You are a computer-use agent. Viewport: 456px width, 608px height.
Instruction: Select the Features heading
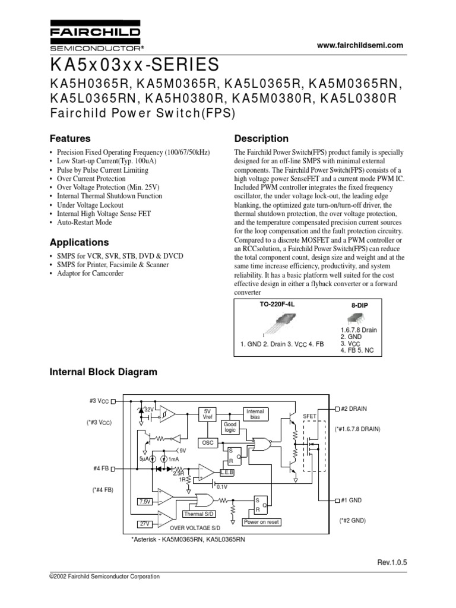click(69, 138)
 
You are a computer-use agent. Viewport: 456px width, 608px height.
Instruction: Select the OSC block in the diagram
click(207, 443)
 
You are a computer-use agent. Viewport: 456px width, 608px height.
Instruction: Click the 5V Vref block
click(207, 414)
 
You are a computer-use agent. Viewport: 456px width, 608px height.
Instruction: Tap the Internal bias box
click(255, 413)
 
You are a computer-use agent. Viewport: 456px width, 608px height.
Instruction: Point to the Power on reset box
click(261, 522)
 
